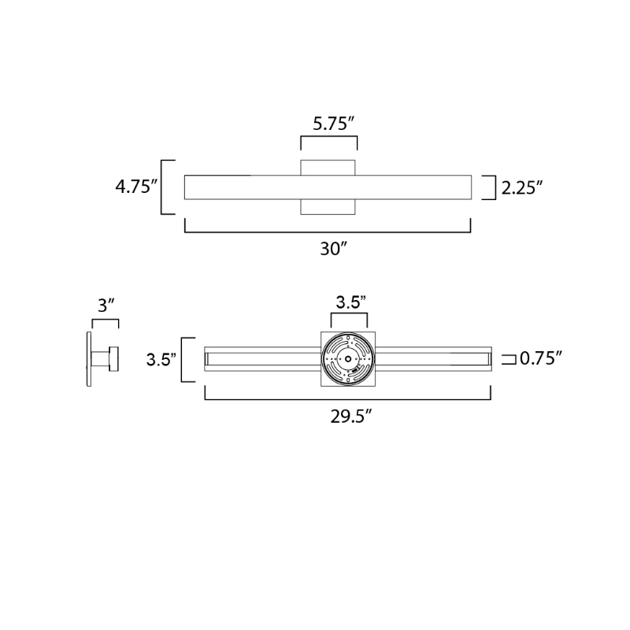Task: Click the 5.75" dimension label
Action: tap(333, 124)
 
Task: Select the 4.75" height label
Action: tap(136, 187)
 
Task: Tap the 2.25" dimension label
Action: tap(522, 188)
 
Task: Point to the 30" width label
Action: tap(333, 249)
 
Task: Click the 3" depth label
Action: tap(106, 306)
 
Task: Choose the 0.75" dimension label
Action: tap(540, 358)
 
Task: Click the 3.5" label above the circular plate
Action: tap(350, 302)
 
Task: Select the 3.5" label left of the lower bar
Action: tap(161, 360)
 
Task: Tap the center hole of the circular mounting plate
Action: tap(348, 359)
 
